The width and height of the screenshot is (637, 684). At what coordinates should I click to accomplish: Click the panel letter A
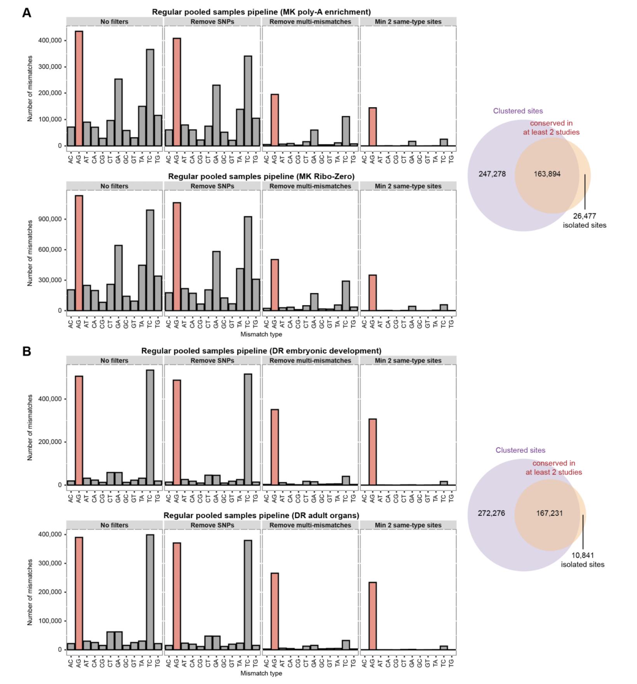point(26,13)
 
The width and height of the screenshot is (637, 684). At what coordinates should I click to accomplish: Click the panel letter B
point(26,351)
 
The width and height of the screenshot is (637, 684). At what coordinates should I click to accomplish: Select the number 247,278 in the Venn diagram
point(492,174)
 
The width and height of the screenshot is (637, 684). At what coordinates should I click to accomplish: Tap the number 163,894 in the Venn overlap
point(547,174)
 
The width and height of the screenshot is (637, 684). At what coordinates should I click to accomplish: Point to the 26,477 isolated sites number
point(584,216)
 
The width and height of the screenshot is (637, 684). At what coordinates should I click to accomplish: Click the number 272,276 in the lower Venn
point(491,513)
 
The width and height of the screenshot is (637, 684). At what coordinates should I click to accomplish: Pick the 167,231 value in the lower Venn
point(549,513)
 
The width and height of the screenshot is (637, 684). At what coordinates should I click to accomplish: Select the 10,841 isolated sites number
point(583,555)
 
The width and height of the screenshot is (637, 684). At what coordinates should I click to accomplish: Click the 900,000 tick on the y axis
point(50,219)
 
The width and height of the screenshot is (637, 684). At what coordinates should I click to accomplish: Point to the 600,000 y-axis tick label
point(50,250)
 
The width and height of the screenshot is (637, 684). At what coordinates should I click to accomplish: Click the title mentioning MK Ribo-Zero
point(261,176)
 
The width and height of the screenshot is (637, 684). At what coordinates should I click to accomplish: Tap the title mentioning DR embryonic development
point(261,351)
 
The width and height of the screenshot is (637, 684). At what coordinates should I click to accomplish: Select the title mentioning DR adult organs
point(261,516)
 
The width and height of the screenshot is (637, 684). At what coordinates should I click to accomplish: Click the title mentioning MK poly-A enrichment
point(261,12)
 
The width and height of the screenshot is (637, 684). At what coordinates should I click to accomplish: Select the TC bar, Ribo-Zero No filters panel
point(150,260)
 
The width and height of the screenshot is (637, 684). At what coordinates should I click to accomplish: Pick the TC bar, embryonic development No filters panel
point(150,427)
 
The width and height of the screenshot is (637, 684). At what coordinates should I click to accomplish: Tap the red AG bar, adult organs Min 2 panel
point(372,616)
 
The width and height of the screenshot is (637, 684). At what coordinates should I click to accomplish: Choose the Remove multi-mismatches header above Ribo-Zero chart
point(310,186)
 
